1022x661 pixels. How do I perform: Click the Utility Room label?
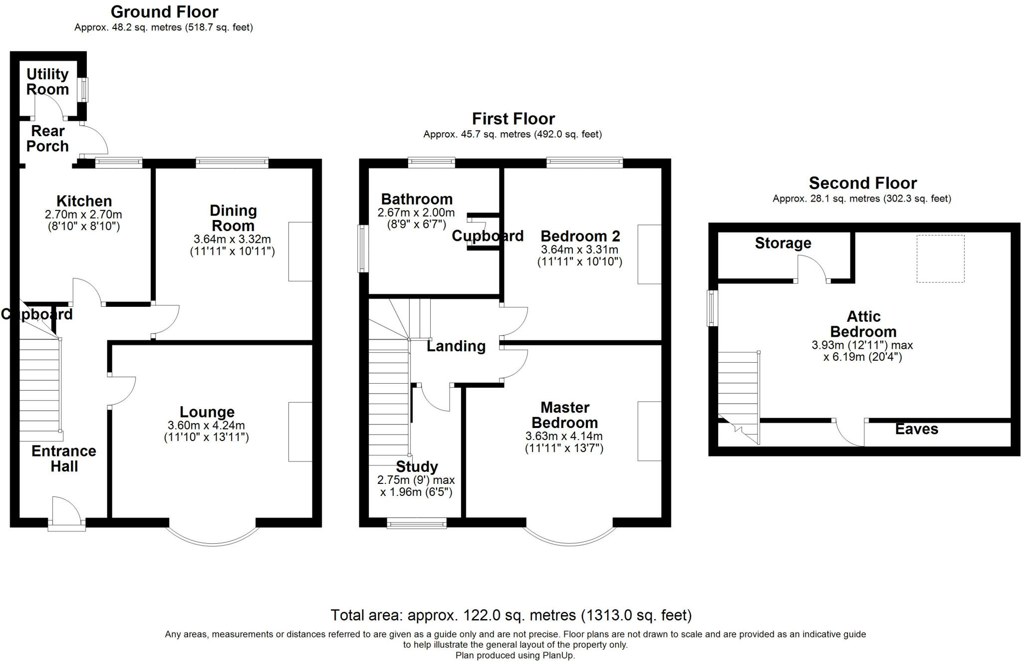coord(47,82)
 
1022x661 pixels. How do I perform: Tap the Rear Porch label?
coord(47,139)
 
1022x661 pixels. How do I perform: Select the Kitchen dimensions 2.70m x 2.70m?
coord(83,215)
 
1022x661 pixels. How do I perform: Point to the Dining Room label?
coord(233,218)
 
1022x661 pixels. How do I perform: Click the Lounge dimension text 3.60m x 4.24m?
coord(207,426)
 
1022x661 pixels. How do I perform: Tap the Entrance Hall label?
coord(64,458)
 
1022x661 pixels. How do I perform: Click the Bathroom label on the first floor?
coord(417,199)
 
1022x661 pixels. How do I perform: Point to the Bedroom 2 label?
coord(580,235)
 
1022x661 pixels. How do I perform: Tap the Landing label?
coord(456,346)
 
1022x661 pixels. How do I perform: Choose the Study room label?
coord(417,466)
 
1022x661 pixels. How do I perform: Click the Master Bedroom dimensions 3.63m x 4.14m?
coord(564,436)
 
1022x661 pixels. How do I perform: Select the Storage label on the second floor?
coord(783,243)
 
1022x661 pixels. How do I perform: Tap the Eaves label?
coord(917,429)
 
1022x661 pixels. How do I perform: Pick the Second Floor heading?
coord(863,183)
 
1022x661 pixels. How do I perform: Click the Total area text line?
coord(511,615)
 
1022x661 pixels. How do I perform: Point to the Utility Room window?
coord(85,90)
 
